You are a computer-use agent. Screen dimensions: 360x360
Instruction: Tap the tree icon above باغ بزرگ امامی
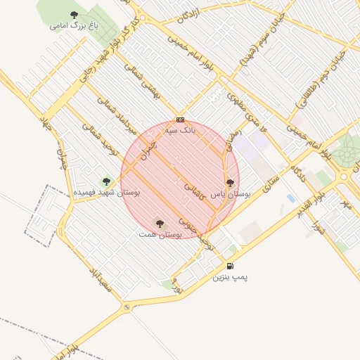(x=75, y=14)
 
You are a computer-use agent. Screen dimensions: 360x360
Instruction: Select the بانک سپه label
(x=179, y=130)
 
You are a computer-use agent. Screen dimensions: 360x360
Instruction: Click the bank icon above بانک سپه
(x=181, y=120)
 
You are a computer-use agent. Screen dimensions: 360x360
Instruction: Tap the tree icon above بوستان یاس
(x=230, y=183)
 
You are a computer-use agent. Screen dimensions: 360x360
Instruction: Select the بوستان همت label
(x=160, y=233)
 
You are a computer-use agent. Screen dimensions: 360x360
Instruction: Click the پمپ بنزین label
(x=231, y=277)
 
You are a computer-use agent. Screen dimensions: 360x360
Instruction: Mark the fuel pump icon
(x=230, y=266)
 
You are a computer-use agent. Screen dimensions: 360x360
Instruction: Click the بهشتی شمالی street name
(x=143, y=84)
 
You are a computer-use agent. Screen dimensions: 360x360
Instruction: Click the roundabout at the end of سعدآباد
(x=127, y=307)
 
